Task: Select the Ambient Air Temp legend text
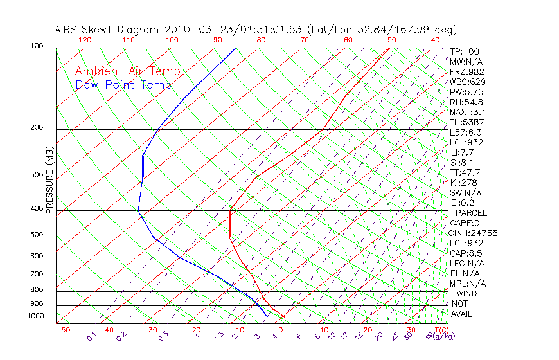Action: (127, 72)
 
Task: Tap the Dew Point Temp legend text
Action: (123, 85)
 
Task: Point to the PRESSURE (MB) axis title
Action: (49, 180)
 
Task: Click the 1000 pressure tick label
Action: (36, 316)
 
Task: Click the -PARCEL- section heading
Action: (472, 213)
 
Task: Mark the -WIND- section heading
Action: (467, 293)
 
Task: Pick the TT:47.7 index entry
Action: (466, 172)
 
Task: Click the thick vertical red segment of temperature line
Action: (229, 223)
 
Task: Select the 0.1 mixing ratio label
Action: (91, 336)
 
